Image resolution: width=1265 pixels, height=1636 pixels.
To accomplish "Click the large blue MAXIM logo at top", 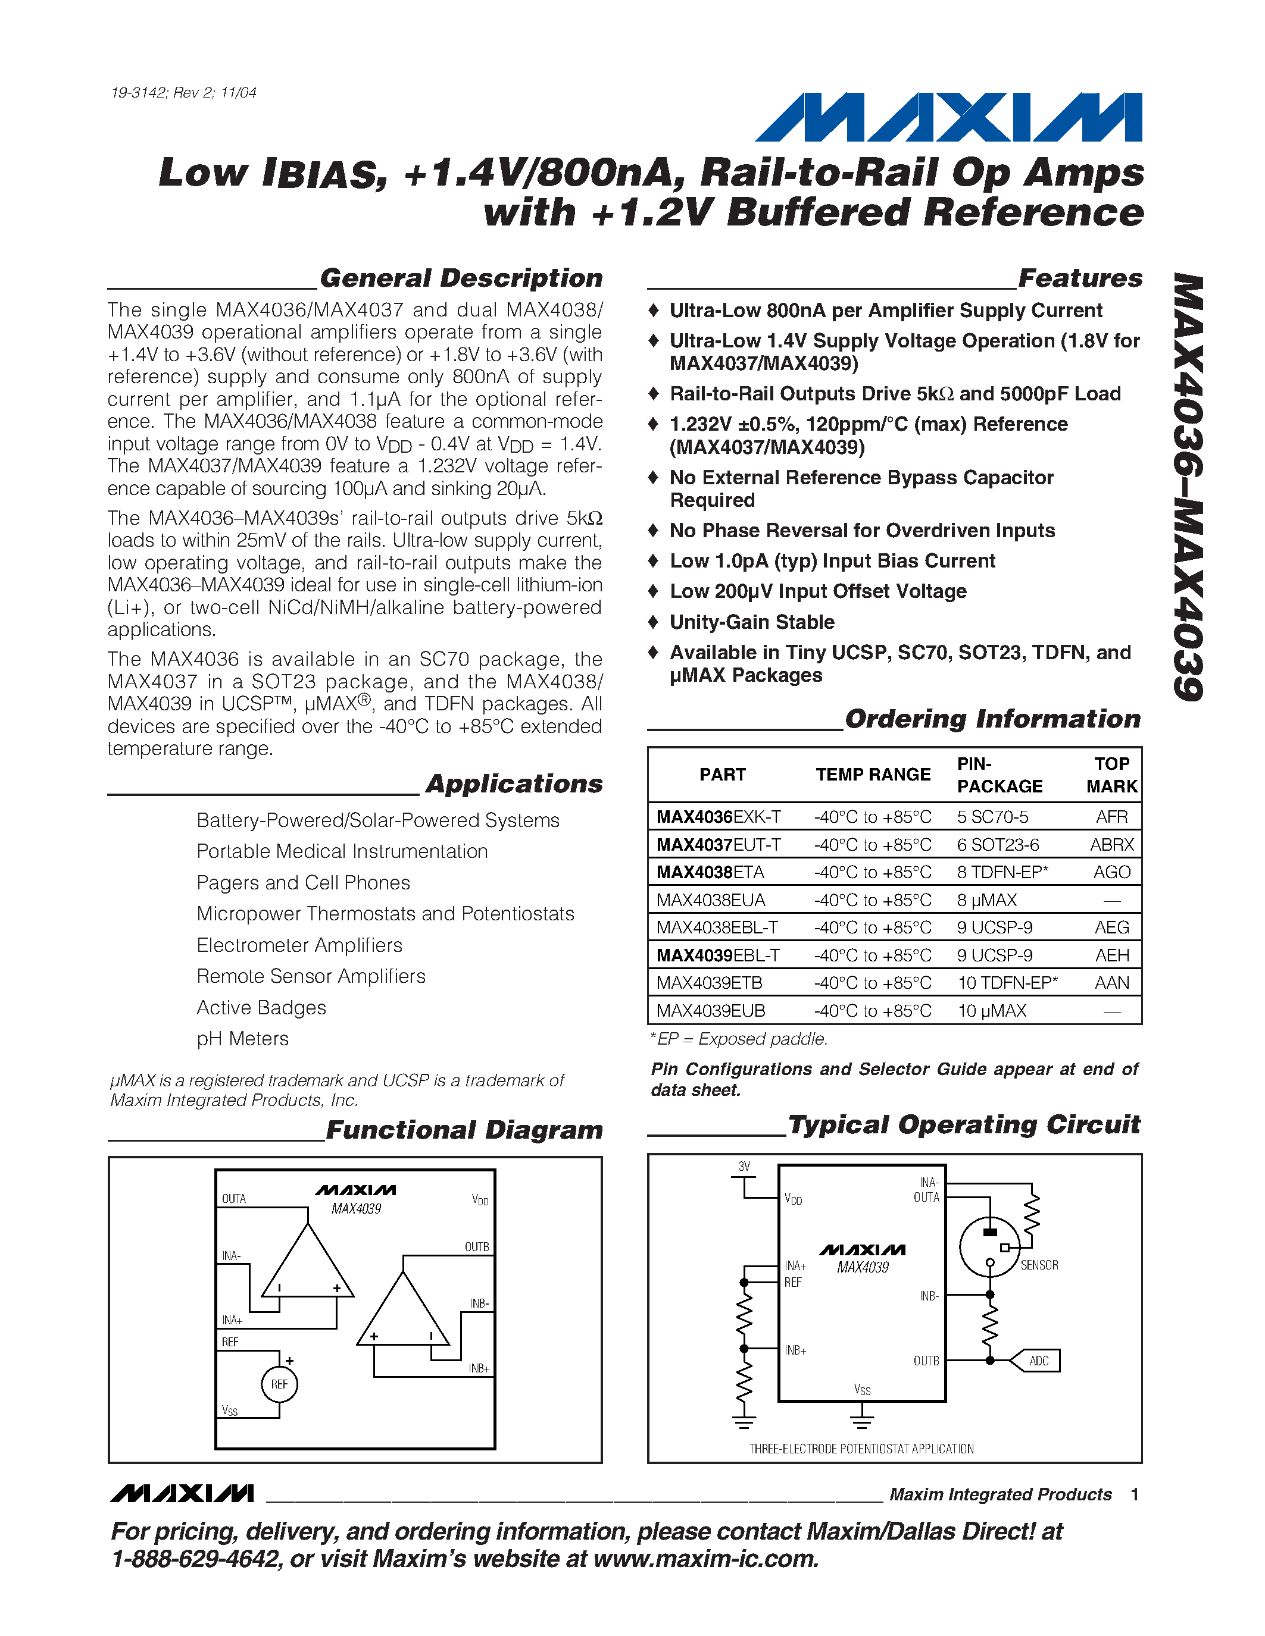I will (x=948, y=118).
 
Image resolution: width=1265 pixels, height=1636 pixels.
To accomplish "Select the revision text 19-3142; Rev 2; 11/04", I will (x=183, y=93).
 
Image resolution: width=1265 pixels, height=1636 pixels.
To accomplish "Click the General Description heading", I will (x=461, y=278).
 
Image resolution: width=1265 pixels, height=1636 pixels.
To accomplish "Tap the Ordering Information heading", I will (x=992, y=719).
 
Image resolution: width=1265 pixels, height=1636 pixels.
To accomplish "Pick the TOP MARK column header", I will (x=1111, y=775).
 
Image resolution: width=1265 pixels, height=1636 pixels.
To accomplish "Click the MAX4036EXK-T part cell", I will (x=718, y=816).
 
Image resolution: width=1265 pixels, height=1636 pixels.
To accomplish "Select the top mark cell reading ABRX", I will (x=1111, y=844).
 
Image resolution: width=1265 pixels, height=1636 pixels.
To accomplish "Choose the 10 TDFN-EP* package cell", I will (x=1007, y=982).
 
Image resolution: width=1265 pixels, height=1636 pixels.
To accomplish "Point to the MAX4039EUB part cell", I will (x=710, y=1011).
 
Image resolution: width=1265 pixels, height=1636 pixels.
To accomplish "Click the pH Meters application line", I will (x=242, y=1039).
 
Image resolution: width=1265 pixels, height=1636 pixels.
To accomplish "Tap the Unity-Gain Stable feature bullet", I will (x=752, y=622).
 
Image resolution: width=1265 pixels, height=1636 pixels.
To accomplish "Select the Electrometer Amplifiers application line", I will (x=299, y=945).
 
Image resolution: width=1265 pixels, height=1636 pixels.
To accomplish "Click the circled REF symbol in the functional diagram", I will (x=280, y=1384).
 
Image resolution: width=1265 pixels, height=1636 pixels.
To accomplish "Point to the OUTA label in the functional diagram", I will (x=234, y=1199).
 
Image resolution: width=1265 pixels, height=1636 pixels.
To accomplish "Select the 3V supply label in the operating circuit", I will (x=744, y=1167).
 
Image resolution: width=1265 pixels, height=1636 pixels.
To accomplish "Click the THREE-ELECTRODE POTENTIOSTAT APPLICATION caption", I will (x=861, y=1449).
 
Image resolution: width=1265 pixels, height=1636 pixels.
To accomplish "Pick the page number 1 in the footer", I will (x=1135, y=1494).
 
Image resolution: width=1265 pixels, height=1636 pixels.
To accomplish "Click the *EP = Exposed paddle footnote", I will (x=739, y=1039).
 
